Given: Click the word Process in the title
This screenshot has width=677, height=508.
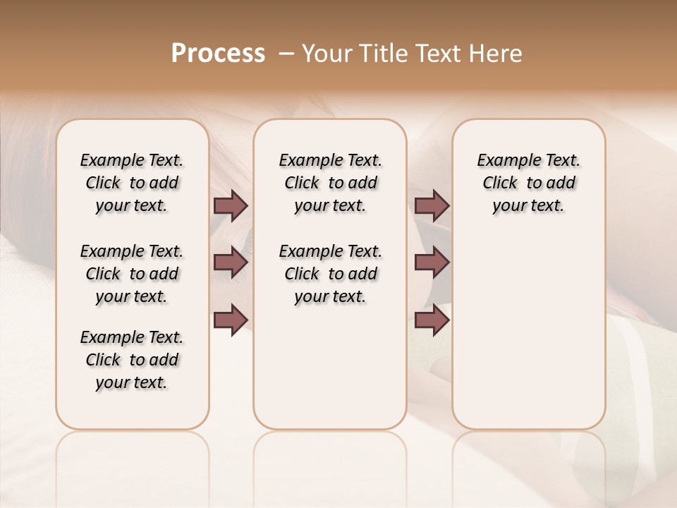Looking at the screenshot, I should coord(218,54).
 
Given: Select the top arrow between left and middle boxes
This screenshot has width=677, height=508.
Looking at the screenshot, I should coord(231,206).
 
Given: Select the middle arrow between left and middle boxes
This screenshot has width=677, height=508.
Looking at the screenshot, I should coord(231,262).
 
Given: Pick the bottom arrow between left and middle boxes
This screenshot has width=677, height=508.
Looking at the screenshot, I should coord(231,320).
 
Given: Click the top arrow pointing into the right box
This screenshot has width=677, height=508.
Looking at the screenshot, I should coord(432,206).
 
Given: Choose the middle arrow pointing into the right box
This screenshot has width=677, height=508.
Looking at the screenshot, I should coord(432,262).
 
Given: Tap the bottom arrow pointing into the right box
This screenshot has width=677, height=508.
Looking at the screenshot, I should coord(432,320).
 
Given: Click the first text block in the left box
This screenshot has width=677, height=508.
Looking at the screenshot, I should coord(132,183).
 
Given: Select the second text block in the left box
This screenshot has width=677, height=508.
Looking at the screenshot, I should coord(132,274).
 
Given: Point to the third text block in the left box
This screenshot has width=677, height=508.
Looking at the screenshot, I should coord(132,360).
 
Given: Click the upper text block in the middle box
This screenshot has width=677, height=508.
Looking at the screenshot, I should coord(330,183).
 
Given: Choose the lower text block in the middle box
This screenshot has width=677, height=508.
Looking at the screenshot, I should coord(330,274).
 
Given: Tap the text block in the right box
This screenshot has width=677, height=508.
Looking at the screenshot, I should coord(528,183).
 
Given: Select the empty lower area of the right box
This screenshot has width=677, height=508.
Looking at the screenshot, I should coord(528,332).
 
